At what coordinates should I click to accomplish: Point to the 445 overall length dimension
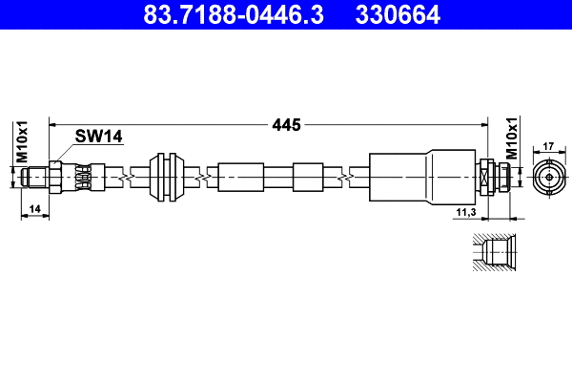click(x=286, y=124)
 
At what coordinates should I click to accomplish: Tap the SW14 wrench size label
click(x=100, y=138)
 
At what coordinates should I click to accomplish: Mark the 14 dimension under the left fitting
click(x=34, y=207)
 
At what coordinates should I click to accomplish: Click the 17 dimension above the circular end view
click(x=548, y=145)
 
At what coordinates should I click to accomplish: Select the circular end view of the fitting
click(x=548, y=177)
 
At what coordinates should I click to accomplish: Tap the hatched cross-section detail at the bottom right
click(x=495, y=254)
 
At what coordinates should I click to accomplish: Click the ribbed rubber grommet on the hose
click(x=168, y=177)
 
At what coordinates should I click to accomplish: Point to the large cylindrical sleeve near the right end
click(x=420, y=177)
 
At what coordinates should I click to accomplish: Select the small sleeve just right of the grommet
click(x=240, y=177)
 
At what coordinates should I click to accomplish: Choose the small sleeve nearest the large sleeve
click(x=309, y=177)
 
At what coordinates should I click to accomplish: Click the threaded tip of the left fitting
click(x=36, y=177)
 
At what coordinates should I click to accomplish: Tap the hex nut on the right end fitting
click(x=488, y=177)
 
